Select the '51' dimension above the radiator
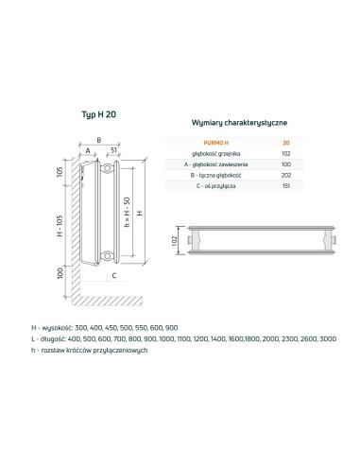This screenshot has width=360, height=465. coord(113,149)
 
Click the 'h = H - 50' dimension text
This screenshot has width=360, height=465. coord(127,215)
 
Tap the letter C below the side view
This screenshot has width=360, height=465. coord(113,276)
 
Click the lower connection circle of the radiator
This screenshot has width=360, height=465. coord(113,255)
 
